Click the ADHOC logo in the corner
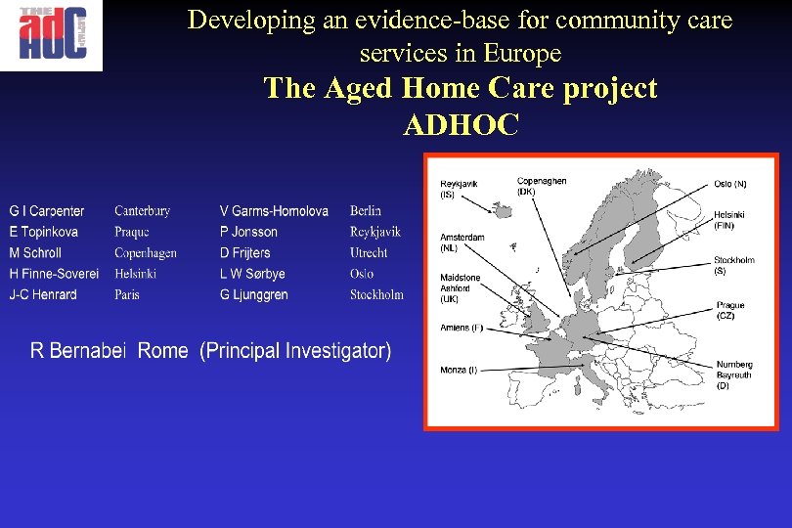pyautogui.click(x=51, y=35)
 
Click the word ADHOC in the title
pyautogui.click(x=460, y=125)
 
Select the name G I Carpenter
pyautogui.click(x=47, y=211)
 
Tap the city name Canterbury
pyautogui.click(x=142, y=211)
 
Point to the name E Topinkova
pyautogui.click(x=44, y=232)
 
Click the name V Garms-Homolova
pyautogui.click(x=274, y=211)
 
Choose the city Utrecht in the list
pyautogui.click(x=369, y=253)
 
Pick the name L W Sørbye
pyautogui.click(x=252, y=274)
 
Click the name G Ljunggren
pyautogui.click(x=253, y=295)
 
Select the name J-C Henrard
pyautogui.click(x=43, y=295)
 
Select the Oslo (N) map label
pyautogui.click(x=729, y=184)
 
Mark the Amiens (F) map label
pyautogui.click(x=462, y=328)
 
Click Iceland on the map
pyautogui.click(x=501, y=211)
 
